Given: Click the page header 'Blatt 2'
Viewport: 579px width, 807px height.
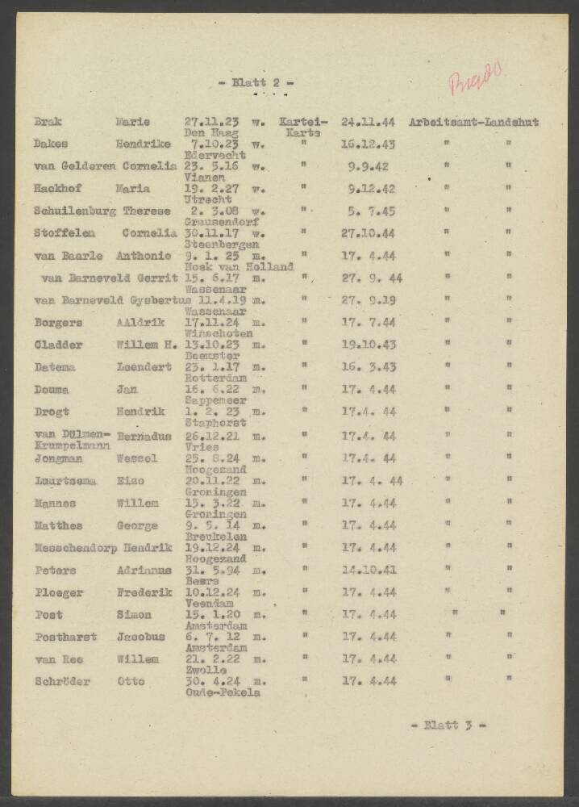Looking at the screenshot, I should [256, 82].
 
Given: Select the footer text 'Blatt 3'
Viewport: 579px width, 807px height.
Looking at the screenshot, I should [448, 725].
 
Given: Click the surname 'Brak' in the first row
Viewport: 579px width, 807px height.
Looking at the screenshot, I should [48, 123].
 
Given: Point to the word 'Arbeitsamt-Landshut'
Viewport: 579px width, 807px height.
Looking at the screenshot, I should [473, 123].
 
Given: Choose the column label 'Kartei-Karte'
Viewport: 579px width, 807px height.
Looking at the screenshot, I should [302, 128].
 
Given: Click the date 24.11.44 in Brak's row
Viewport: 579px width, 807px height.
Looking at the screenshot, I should [368, 123].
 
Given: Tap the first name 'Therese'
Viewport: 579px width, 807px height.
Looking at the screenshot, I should [147, 211].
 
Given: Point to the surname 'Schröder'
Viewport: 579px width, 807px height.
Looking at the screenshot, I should [62, 681].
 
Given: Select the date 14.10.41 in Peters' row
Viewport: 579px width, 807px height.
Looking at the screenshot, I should [368, 570].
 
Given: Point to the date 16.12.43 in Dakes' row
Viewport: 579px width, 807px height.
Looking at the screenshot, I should [368, 145].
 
